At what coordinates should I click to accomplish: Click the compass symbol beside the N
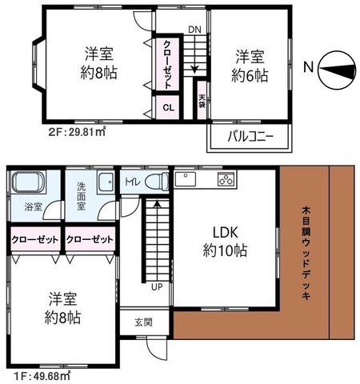[x=338, y=70]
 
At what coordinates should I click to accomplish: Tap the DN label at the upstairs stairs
[x=194, y=30]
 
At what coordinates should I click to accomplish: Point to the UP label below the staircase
[x=157, y=287]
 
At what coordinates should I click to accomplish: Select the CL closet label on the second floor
[x=169, y=108]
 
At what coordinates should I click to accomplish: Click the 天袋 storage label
[x=202, y=101]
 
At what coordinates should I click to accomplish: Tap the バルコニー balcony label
[x=250, y=137]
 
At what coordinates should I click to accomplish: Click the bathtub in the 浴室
[x=28, y=182]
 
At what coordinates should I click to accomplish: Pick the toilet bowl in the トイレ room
[x=157, y=182]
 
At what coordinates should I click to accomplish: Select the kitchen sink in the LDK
[x=186, y=179]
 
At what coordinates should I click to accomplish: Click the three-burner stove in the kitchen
[x=226, y=179]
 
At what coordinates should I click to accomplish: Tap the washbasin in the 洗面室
[x=106, y=182]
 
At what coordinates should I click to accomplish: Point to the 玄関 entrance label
[x=143, y=322]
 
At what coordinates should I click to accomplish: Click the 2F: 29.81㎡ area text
[x=77, y=131]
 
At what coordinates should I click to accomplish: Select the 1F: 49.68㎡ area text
[x=42, y=376]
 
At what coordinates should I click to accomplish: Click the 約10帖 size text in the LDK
[x=225, y=250]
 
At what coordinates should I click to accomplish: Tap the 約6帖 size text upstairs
[x=250, y=75]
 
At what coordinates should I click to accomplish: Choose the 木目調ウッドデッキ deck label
[x=306, y=253]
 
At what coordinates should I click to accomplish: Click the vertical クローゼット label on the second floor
[x=167, y=64]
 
